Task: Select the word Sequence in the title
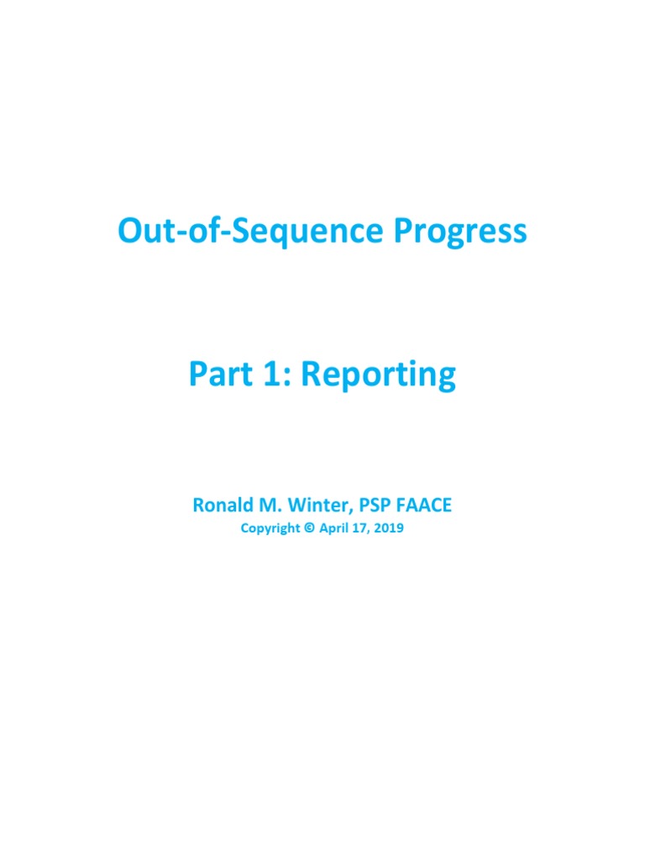[x=317, y=233]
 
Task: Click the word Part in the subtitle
[x=220, y=375]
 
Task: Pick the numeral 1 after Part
[x=272, y=375]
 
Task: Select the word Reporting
[x=378, y=375]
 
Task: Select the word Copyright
[x=269, y=529]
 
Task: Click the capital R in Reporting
[x=311, y=375]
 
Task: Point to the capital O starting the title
[x=130, y=231]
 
